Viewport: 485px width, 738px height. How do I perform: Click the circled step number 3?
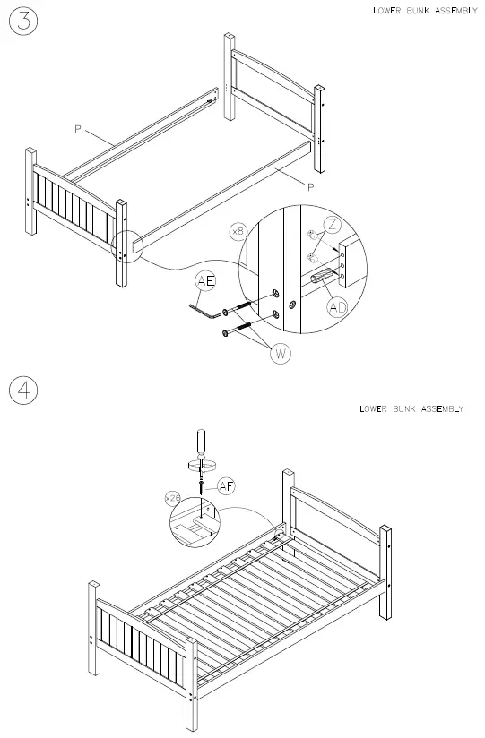(23, 21)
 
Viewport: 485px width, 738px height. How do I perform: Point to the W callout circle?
(281, 353)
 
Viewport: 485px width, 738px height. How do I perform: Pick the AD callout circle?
(338, 306)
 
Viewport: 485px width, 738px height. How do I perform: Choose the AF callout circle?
(226, 486)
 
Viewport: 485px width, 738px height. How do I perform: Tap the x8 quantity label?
(238, 231)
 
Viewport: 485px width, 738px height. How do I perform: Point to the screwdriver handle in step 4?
(203, 442)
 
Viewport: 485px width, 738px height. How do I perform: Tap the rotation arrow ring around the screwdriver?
(203, 464)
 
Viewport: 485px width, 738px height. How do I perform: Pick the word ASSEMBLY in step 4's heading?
(442, 409)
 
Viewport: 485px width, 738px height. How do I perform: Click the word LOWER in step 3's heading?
(387, 12)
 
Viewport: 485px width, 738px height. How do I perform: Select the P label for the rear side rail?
(79, 129)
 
